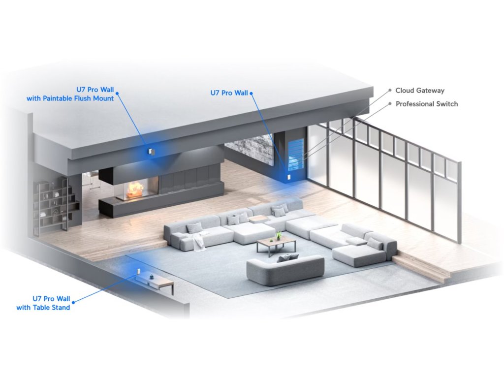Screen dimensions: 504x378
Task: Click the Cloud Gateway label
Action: [420, 91]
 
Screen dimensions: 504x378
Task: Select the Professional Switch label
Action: [427, 104]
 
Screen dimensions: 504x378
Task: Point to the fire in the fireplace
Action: [136, 189]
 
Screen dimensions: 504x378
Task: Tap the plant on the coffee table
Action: [279, 236]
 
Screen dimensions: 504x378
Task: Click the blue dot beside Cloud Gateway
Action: [390, 91]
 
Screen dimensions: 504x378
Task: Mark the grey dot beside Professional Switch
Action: [390, 104]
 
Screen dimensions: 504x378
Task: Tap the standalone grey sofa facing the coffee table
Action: [285, 269]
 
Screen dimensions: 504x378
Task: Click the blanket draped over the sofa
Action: [199, 241]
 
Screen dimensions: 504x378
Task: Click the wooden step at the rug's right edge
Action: [421, 268]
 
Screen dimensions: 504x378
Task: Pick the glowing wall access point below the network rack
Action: [289, 176]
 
